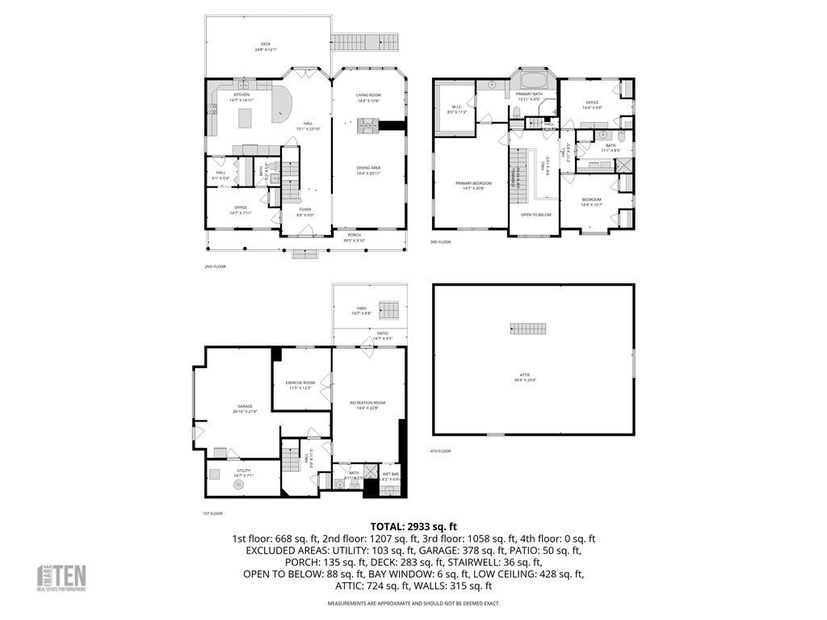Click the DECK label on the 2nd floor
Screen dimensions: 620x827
tap(266, 46)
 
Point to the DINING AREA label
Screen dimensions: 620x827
tap(368, 170)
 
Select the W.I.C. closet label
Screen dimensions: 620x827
tap(454, 108)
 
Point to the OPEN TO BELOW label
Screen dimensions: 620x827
tap(536, 215)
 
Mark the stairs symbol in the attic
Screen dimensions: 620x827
tap(528, 328)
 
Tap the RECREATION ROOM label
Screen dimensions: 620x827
tap(367, 404)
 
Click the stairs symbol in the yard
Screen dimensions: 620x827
tap(389, 309)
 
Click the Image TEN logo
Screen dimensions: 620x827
tap(62, 577)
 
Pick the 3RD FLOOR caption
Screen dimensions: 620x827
tap(440, 242)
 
